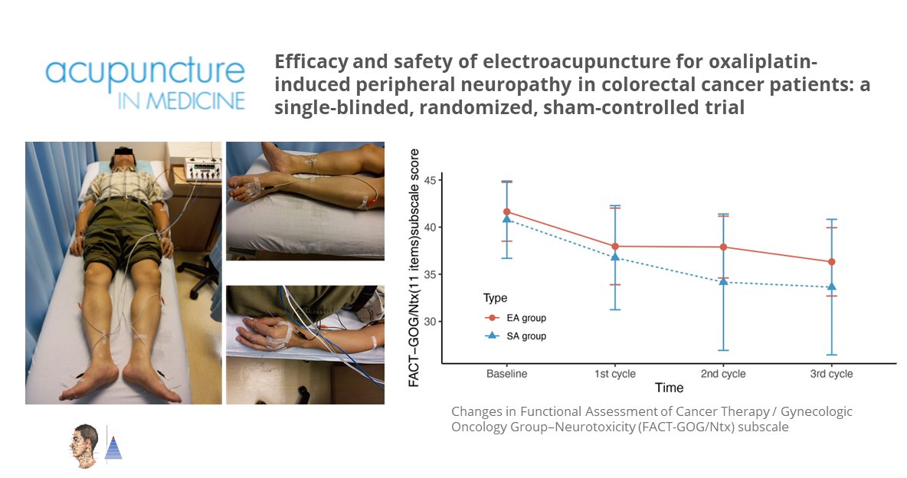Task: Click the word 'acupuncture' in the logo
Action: [145, 72]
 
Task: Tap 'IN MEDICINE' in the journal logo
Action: [182, 100]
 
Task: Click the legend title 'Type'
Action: [495, 298]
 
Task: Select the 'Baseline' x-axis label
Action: [506, 375]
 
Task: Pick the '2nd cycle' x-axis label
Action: [724, 375]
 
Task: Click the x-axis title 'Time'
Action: [669, 388]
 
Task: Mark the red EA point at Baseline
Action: [506, 211]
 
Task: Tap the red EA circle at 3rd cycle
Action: [832, 262]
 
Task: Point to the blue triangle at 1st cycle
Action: [615, 257]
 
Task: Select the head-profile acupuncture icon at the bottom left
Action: [83, 446]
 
